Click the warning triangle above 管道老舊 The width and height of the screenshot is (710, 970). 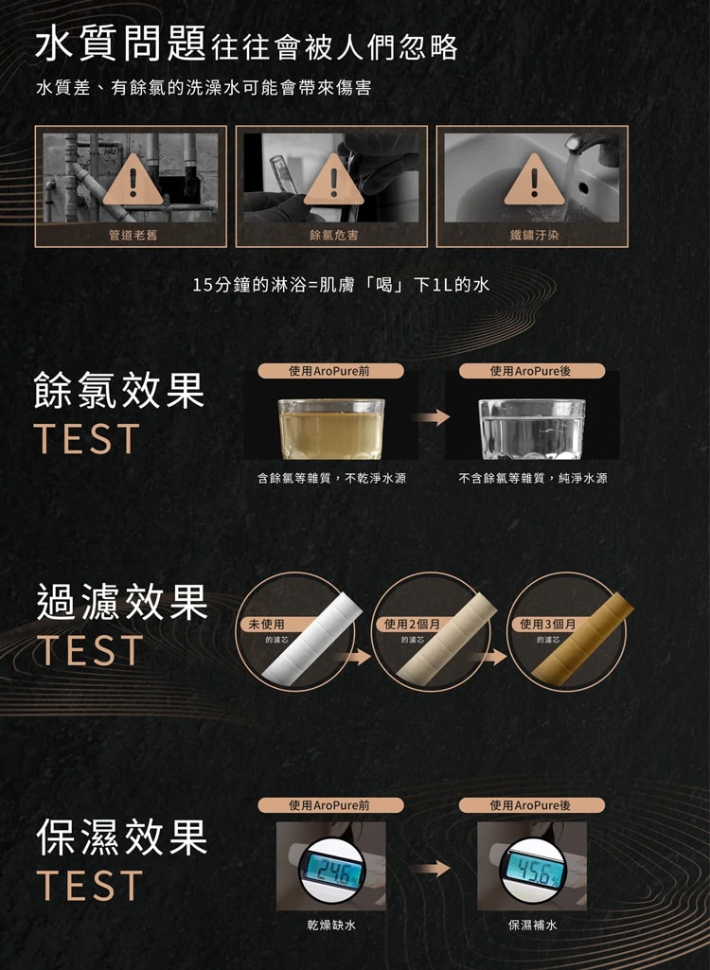pyautogui.click(x=132, y=181)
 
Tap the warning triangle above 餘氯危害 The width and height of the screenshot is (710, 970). pyautogui.click(x=332, y=181)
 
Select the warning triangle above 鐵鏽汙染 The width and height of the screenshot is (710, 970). pyautogui.click(x=533, y=181)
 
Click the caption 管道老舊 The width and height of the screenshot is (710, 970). pyautogui.click(x=132, y=234)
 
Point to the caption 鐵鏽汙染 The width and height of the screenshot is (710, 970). pyautogui.click(x=533, y=234)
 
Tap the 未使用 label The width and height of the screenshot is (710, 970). pyautogui.click(x=267, y=625)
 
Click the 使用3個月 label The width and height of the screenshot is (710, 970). pyautogui.click(x=547, y=625)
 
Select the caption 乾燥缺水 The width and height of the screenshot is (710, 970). pyautogui.click(x=331, y=925)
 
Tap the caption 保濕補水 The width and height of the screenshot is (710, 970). pyautogui.click(x=532, y=925)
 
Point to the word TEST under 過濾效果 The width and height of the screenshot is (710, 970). pyautogui.click(x=89, y=650)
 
